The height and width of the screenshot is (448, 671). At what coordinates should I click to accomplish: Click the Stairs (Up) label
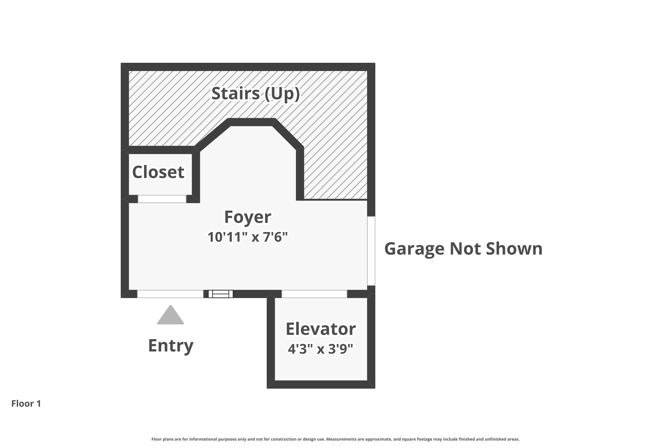click(256, 94)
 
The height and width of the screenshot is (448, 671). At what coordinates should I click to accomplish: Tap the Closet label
click(158, 172)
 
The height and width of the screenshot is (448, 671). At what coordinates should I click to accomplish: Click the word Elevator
click(321, 329)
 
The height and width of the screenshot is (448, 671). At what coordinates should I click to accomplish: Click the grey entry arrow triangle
click(171, 315)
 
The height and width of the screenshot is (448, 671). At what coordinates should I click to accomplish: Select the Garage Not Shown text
click(463, 249)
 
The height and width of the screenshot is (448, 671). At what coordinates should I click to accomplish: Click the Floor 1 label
click(26, 403)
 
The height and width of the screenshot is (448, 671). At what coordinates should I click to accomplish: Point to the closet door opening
click(162, 199)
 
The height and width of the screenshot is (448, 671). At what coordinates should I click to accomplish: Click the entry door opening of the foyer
click(170, 294)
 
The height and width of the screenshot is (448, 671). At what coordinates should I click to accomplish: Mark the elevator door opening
click(314, 294)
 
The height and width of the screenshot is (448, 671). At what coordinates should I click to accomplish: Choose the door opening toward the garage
click(371, 251)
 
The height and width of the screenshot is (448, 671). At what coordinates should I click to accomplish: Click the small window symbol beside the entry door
click(221, 294)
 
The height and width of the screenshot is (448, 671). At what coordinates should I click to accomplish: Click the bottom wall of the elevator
click(321, 385)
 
